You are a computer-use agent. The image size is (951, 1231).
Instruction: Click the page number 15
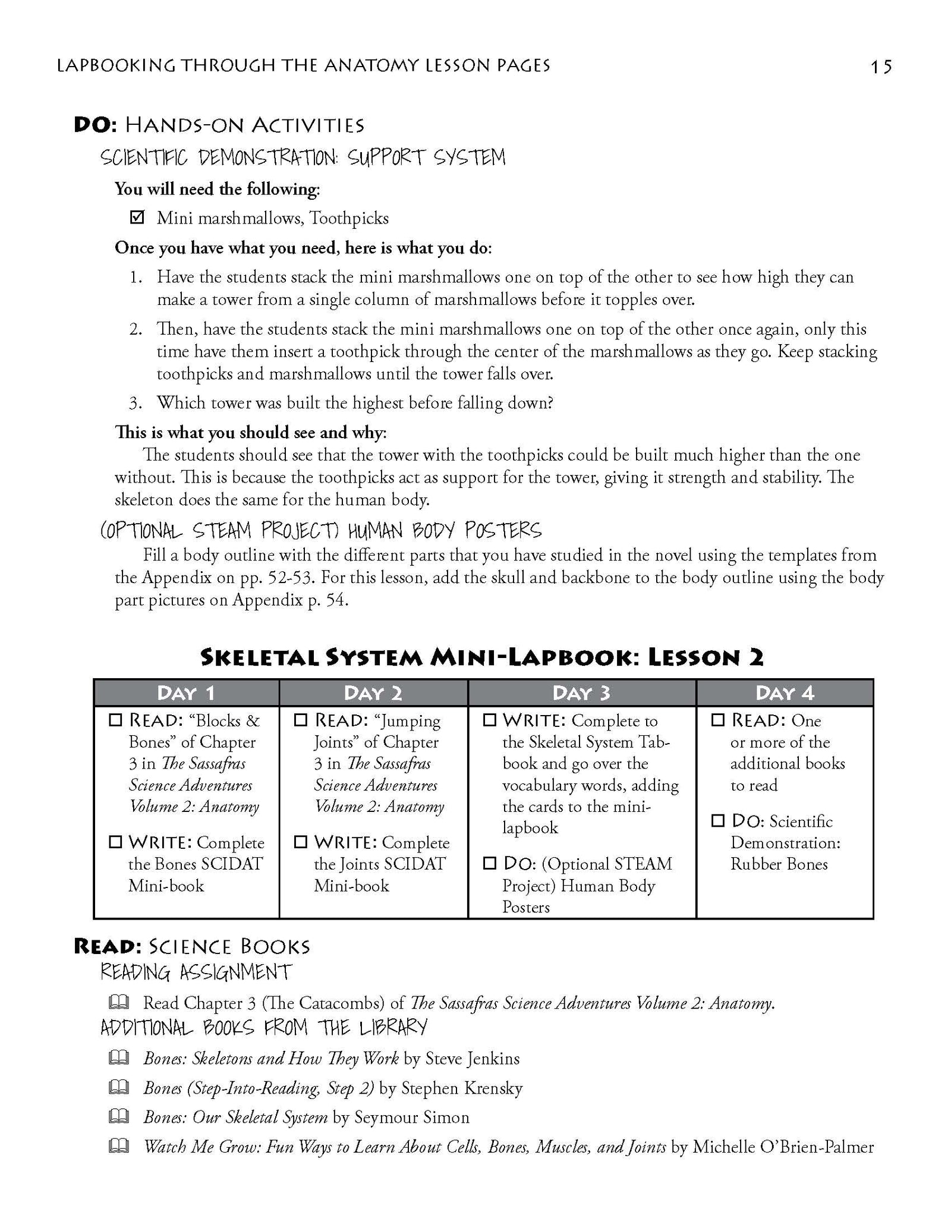[881, 67]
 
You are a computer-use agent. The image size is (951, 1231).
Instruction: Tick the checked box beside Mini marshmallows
[137, 218]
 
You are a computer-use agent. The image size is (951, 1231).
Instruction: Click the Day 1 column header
[186, 692]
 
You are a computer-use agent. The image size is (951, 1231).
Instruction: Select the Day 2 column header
[373, 692]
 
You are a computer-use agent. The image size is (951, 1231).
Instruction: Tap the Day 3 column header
[581, 692]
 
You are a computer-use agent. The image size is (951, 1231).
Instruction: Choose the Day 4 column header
[785, 692]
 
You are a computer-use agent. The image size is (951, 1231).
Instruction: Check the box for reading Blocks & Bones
[115, 720]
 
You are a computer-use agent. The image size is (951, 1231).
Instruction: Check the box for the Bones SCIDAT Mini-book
[115, 842]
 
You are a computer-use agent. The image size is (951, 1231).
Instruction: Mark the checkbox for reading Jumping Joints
[301, 720]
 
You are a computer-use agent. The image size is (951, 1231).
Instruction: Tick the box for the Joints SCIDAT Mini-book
[301, 842]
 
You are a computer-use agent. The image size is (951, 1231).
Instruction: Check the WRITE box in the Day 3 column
[489, 720]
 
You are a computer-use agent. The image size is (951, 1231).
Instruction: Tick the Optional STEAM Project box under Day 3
[489, 864]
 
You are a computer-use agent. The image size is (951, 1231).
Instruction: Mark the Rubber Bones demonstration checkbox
[718, 821]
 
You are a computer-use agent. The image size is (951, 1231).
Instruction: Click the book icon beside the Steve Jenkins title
[118, 1057]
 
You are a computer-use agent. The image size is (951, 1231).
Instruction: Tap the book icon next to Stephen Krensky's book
[118, 1087]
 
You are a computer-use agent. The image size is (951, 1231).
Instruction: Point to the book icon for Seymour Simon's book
[118, 1117]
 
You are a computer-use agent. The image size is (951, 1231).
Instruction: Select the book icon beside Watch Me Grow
[118, 1147]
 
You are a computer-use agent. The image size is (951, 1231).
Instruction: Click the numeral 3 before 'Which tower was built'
[135, 404]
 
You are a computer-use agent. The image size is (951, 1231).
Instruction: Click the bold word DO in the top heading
[95, 125]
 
